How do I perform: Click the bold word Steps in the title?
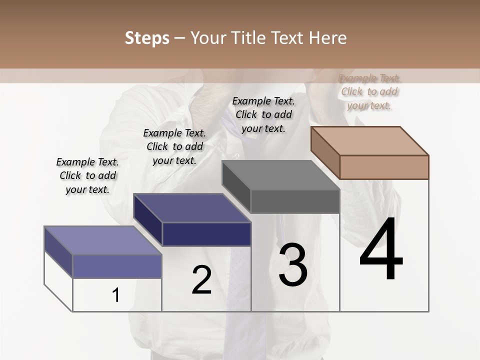pyautogui.click(x=147, y=38)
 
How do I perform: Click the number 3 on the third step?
pyautogui.click(x=293, y=265)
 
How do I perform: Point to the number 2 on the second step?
pyautogui.click(x=202, y=280)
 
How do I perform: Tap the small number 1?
pyautogui.click(x=116, y=295)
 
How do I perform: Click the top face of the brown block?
pyautogui.click(x=370, y=140)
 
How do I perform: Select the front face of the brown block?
pyautogui.click(x=384, y=167)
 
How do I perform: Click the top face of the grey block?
pyautogui.click(x=281, y=175)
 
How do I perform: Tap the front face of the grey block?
pyautogui.click(x=295, y=201)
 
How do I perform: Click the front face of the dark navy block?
pyautogui.click(x=206, y=234)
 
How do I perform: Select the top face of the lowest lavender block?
pyautogui.click(x=103, y=240)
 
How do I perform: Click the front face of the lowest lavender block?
pyautogui.click(x=117, y=266)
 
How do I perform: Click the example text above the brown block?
pyautogui.click(x=369, y=91)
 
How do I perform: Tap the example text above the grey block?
pyautogui.click(x=263, y=114)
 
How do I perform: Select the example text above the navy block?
pyautogui.click(x=174, y=146)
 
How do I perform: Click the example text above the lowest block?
pyautogui.click(x=87, y=175)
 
